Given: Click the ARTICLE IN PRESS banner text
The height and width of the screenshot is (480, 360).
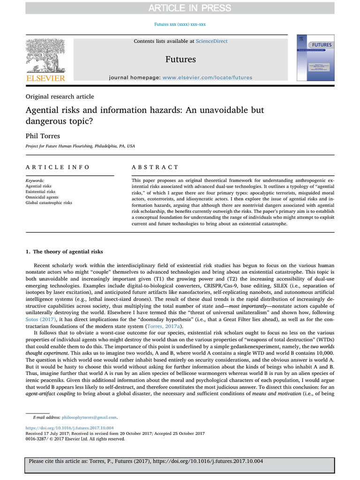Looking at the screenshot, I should coord(180,7).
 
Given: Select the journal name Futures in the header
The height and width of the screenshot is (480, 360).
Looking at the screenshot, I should coord(180,59).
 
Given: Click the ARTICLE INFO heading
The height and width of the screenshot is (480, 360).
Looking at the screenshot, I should coord(58,167).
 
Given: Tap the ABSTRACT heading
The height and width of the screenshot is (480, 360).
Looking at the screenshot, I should coord(155,167).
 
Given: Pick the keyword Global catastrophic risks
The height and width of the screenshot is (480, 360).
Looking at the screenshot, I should coord(49,203).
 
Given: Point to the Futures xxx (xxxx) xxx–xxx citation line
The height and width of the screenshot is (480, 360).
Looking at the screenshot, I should coord(180,24).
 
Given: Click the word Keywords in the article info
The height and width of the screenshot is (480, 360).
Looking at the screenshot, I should coord(35,180).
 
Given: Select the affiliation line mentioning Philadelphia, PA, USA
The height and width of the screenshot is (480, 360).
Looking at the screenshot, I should coord(80,146).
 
